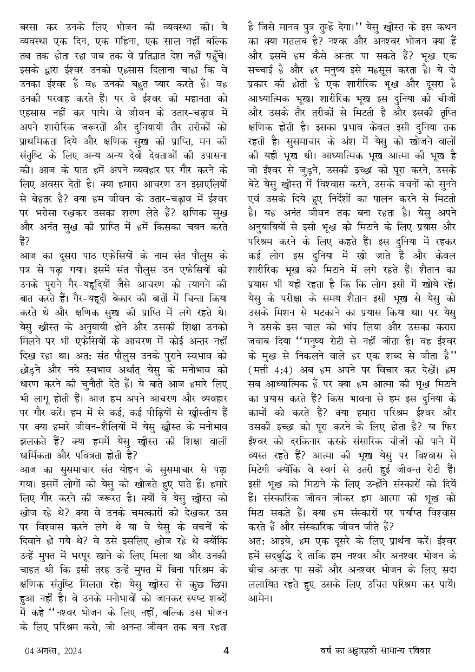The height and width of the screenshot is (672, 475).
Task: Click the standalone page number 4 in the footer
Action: [226, 650]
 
